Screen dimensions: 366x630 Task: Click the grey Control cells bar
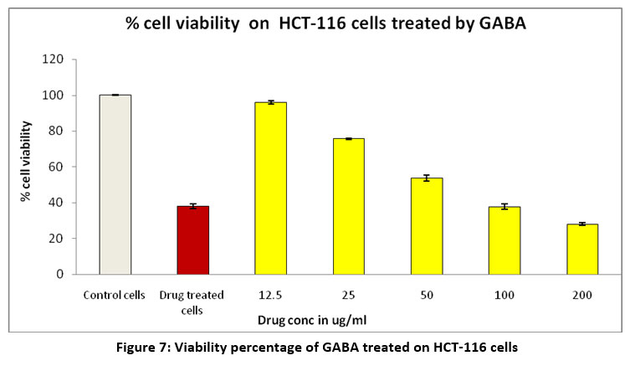coord(115,184)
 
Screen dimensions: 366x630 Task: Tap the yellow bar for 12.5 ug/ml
coord(270,188)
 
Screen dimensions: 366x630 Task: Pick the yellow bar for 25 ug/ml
coord(348,206)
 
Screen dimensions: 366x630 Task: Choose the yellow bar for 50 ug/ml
coord(426,226)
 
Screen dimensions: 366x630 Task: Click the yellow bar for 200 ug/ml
coord(581,249)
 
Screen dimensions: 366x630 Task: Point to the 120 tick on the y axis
coord(54,59)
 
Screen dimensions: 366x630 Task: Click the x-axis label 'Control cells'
coord(115,295)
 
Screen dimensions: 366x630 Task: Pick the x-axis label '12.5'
coord(270,295)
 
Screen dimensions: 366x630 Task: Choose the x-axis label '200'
coord(581,295)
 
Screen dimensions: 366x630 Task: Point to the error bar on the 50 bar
coord(426,178)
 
